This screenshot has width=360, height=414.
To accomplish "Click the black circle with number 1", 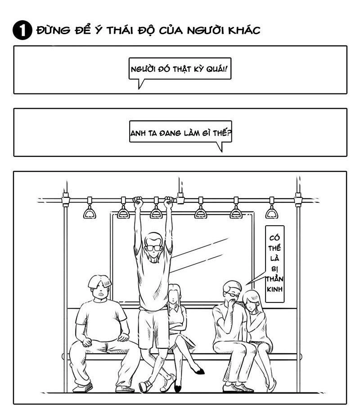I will click(22, 30).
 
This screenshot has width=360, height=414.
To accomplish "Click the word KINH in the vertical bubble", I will click(274, 289).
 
